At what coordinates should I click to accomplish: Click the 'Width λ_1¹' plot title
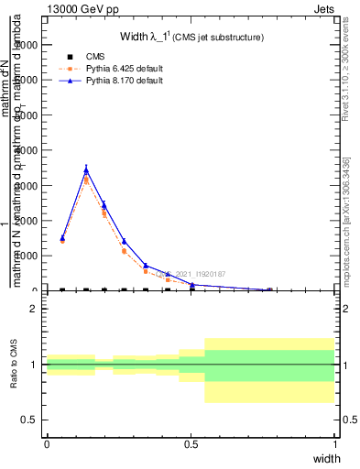[x=191, y=38]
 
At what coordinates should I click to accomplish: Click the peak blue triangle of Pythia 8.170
[x=86, y=169]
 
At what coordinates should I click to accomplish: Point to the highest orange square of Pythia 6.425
[x=86, y=180]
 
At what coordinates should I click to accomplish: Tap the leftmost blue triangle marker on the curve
[x=62, y=238]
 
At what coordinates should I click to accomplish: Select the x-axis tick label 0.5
[x=191, y=444]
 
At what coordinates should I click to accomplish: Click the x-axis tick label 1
[x=334, y=444]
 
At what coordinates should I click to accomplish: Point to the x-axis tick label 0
[x=47, y=444]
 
